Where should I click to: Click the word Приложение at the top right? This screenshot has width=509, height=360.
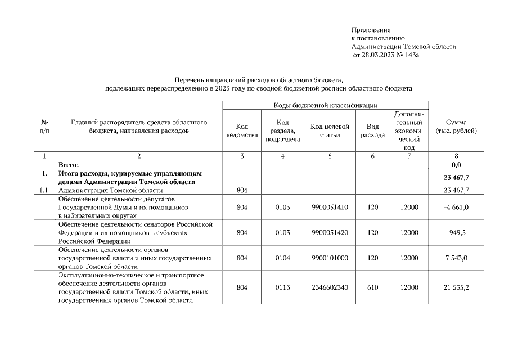[x=371, y=29]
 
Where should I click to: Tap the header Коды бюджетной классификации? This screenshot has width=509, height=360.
[x=325, y=105]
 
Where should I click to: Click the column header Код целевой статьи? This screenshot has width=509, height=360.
[x=330, y=130]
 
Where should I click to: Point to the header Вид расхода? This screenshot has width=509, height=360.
[x=372, y=130]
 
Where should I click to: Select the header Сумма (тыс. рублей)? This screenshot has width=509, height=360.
[x=456, y=127]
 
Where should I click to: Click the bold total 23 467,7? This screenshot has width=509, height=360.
[x=456, y=178]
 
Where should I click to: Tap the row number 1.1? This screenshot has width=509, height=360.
[x=44, y=191]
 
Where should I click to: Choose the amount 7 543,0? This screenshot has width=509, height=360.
[x=457, y=258]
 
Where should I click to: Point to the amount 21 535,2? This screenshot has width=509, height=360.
[x=456, y=287]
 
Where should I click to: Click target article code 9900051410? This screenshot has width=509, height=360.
[x=330, y=208]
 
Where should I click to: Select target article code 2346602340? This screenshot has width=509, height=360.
[x=330, y=287]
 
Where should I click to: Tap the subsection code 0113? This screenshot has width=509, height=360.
[x=282, y=287]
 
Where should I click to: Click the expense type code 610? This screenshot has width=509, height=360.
[x=372, y=287]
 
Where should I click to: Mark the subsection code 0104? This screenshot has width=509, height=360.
[x=282, y=258]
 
